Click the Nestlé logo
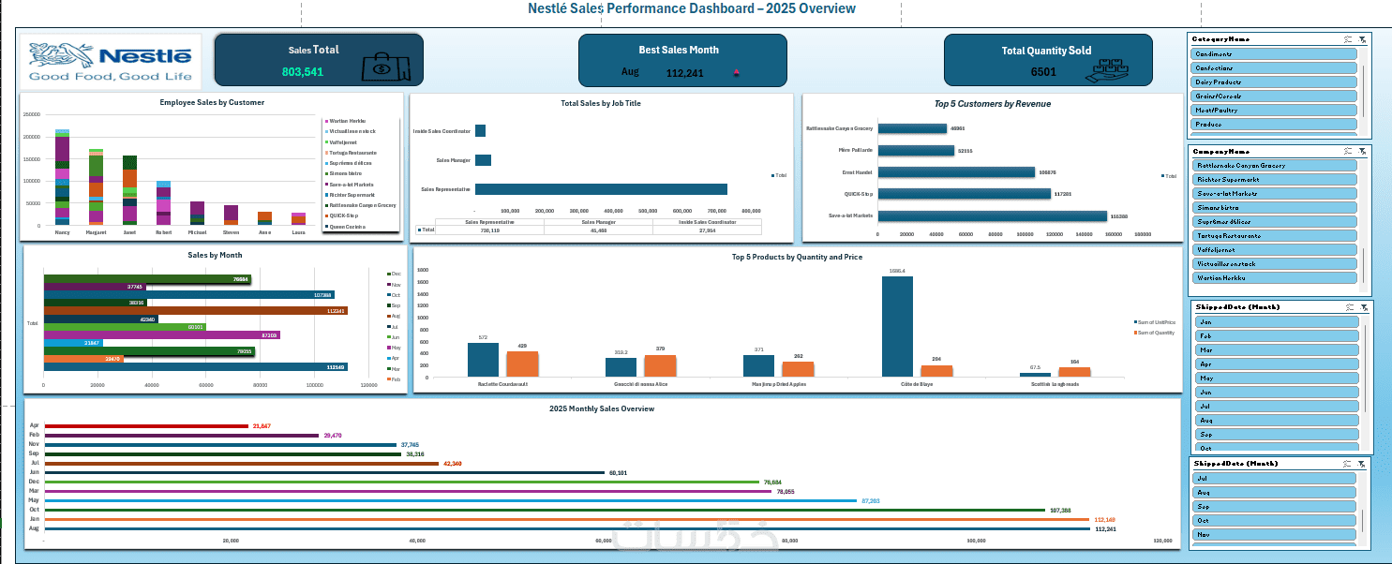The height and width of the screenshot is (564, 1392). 111,62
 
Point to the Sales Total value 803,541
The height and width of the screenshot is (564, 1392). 303,72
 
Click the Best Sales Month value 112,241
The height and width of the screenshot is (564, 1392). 684,72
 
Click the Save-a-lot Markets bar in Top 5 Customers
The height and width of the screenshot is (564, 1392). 992,215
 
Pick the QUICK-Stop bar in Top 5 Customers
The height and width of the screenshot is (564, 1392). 964,194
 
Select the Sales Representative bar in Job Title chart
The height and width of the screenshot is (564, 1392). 601,189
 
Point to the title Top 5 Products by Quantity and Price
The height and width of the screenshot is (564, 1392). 797,257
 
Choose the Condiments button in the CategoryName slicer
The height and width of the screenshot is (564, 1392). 1274,54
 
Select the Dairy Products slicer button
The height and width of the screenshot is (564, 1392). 1274,82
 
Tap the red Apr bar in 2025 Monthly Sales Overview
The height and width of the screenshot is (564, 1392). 144,425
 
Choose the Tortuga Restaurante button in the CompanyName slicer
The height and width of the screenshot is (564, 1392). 1274,236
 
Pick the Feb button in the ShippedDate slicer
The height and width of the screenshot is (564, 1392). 1277,335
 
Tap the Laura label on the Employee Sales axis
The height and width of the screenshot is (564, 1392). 298,231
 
